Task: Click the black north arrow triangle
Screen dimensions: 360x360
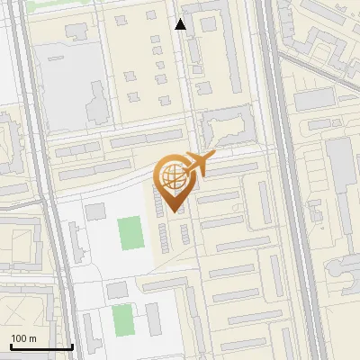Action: tap(181, 24)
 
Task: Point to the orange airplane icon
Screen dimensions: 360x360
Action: tap(197, 164)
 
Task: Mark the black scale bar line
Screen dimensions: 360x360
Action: tap(41, 346)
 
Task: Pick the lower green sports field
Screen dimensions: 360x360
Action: tap(122, 318)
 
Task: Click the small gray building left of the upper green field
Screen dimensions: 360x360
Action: tap(95, 212)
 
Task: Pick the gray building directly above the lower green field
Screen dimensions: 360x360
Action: tap(118, 291)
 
